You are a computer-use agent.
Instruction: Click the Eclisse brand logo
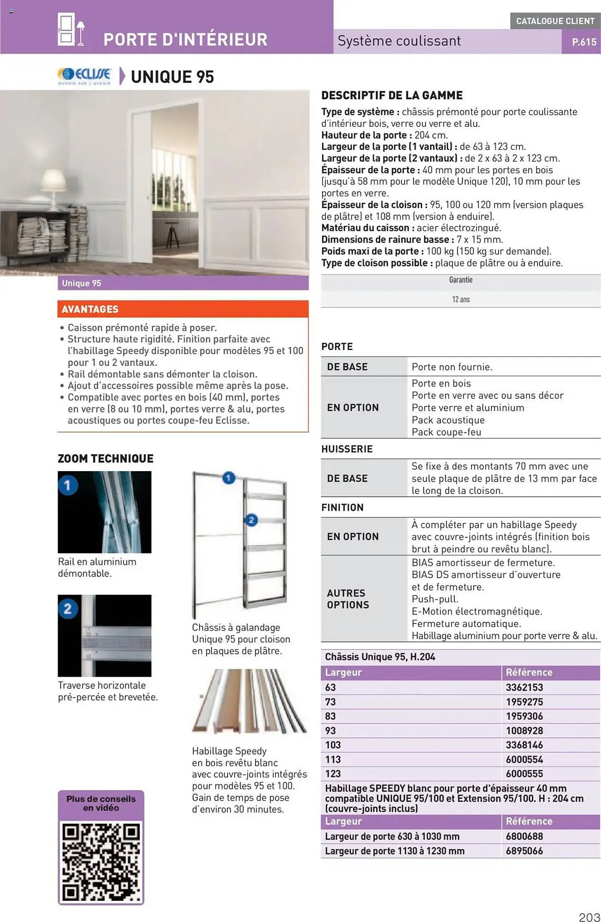pos(84,76)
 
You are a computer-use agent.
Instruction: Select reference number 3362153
pos(524,687)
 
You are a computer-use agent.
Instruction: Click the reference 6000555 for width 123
pos(524,774)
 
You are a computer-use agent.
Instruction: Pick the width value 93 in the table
pos(330,731)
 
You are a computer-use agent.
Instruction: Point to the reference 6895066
pos(524,851)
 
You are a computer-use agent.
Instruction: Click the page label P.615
pos(584,42)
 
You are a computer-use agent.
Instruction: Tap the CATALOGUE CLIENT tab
pos(555,21)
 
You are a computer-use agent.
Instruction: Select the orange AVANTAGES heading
pos(90,309)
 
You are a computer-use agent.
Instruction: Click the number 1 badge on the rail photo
pos(68,485)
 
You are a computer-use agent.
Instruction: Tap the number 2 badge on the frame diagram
pos(251,520)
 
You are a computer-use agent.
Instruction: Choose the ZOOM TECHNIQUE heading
pos(106,459)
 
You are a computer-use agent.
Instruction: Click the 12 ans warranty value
pos(460,300)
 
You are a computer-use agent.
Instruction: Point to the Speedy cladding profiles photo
pos(249,701)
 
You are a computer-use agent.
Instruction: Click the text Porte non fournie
pos(452,367)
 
